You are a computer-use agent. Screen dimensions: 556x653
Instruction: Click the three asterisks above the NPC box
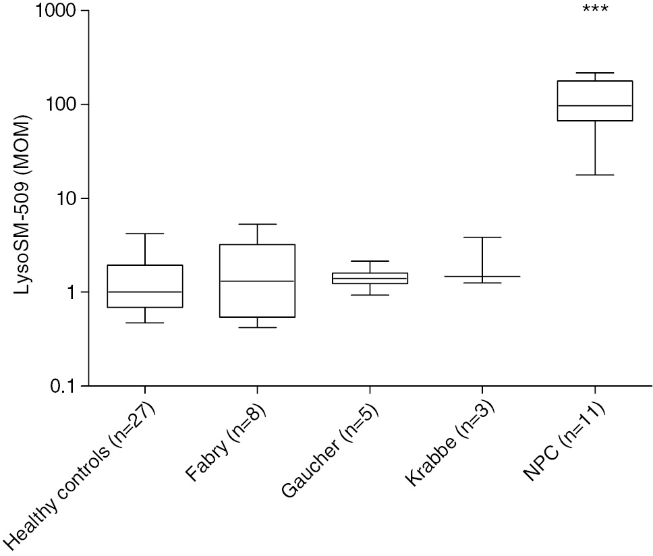(595, 10)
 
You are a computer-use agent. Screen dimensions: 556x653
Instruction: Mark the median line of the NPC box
(595, 106)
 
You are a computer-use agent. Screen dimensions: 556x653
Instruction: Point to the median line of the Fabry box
(257, 281)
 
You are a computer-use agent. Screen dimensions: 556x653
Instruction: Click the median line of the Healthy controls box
(145, 292)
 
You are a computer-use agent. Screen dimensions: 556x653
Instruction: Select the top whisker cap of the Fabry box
(257, 224)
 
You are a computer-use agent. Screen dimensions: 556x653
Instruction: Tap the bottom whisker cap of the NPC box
(595, 175)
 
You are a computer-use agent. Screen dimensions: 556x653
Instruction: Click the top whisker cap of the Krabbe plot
(482, 238)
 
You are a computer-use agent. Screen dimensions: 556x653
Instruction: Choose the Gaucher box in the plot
(370, 278)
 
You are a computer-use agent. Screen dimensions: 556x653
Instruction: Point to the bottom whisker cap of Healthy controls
(145, 323)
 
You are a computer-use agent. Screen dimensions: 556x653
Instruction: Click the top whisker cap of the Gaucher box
(370, 261)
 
